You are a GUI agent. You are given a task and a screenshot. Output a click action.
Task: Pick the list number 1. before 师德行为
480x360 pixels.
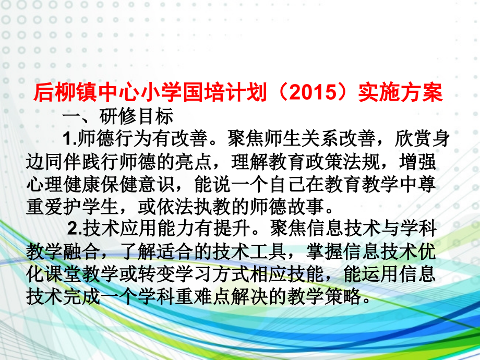(69, 138)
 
